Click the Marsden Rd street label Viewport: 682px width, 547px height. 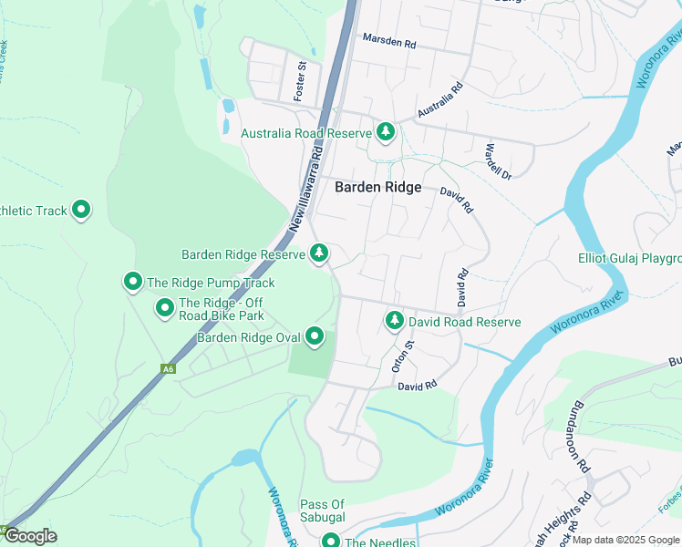pos(388,41)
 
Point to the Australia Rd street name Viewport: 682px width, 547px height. pos(440,99)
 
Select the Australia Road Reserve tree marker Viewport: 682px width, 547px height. pos(386,133)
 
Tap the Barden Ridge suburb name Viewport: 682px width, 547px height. pos(378,187)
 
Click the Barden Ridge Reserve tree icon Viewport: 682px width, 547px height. pos(319,253)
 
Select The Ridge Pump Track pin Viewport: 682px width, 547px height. pos(133,283)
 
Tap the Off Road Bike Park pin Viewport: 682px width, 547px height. pos(165,308)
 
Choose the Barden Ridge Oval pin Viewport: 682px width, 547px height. pos(315,337)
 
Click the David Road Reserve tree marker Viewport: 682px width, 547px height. pos(395,321)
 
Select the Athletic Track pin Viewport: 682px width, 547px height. pos(81,211)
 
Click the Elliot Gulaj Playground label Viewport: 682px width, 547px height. pos(629,258)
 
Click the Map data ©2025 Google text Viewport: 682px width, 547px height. pos(625,540)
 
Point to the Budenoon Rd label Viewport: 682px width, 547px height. pos(581,447)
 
